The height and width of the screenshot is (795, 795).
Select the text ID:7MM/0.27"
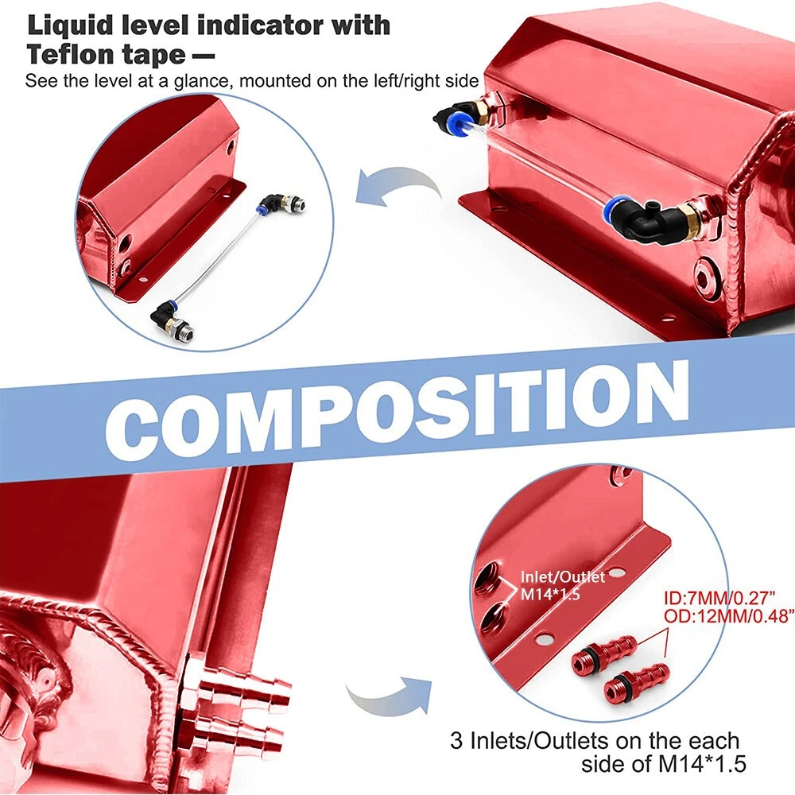[719, 599]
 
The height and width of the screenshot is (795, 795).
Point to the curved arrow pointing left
[398, 188]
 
